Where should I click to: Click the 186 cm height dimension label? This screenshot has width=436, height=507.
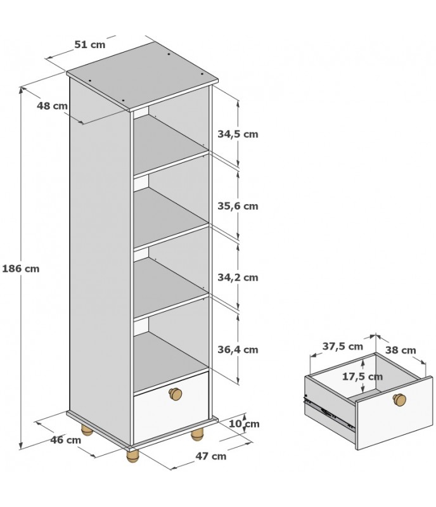[21, 269]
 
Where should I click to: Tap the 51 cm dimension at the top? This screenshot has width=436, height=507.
[90, 44]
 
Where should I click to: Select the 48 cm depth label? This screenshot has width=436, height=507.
[52, 106]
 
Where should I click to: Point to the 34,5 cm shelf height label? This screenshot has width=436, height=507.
[238, 134]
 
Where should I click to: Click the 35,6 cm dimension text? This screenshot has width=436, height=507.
[238, 206]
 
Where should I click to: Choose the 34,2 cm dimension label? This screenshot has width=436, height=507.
[238, 278]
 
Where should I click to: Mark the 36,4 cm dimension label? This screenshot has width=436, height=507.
[238, 350]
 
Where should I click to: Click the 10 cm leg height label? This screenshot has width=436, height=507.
[244, 423]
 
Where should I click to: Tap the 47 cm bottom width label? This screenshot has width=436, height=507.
[211, 456]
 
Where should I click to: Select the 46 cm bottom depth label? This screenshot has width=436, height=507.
[66, 440]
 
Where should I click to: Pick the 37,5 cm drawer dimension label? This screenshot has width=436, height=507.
[343, 346]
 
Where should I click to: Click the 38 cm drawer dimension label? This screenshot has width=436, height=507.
[401, 350]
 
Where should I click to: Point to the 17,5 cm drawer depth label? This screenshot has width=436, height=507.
[362, 376]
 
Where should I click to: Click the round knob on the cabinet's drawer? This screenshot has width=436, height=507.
[176, 393]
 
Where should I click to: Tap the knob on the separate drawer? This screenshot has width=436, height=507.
[399, 399]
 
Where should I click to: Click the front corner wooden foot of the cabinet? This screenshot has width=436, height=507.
[132, 456]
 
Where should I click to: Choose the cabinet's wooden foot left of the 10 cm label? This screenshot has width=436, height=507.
[196, 435]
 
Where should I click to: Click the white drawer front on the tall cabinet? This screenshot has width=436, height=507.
[171, 408]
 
